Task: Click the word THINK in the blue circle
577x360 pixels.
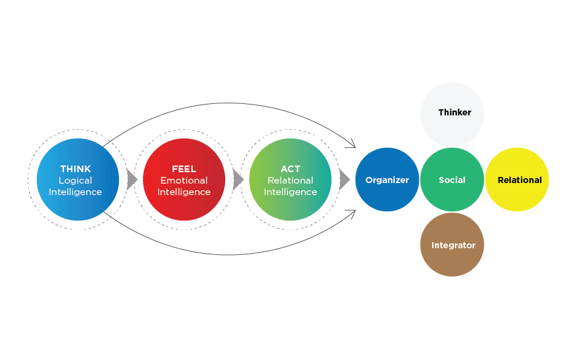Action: click(75, 169)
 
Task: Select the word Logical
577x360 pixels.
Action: click(75, 181)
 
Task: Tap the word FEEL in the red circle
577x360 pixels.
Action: click(184, 169)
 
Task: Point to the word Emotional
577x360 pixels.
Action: click(184, 181)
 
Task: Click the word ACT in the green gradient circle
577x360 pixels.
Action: click(290, 169)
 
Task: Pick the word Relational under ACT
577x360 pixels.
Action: click(290, 181)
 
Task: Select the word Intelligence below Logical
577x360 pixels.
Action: click(75, 192)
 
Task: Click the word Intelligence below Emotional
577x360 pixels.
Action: click(184, 192)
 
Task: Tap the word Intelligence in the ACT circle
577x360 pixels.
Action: click(290, 192)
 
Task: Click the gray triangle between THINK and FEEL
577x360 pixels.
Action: click(132, 180)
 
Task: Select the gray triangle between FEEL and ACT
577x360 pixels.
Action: click(238, 180)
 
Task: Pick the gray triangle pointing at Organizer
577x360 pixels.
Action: click(344, 180)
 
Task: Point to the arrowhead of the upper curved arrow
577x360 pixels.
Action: click(352, 145)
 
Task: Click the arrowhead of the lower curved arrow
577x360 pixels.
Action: click(352, 212)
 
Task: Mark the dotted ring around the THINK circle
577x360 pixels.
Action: click(28, 179)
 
